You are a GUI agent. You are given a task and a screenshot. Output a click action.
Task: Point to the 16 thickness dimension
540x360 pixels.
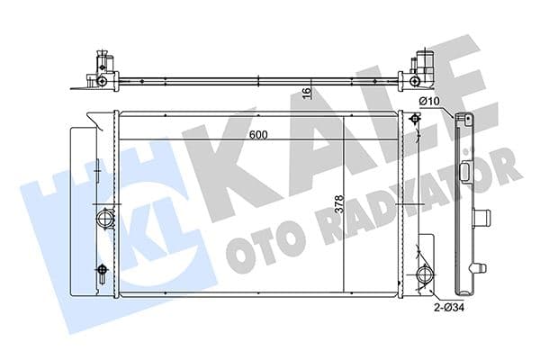click(x=306, y=92)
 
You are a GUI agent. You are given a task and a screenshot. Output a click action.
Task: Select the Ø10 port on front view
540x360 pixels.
click(x=415, y=121)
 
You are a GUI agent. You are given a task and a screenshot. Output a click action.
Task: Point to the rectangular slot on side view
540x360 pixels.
click(x=466, y=173)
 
